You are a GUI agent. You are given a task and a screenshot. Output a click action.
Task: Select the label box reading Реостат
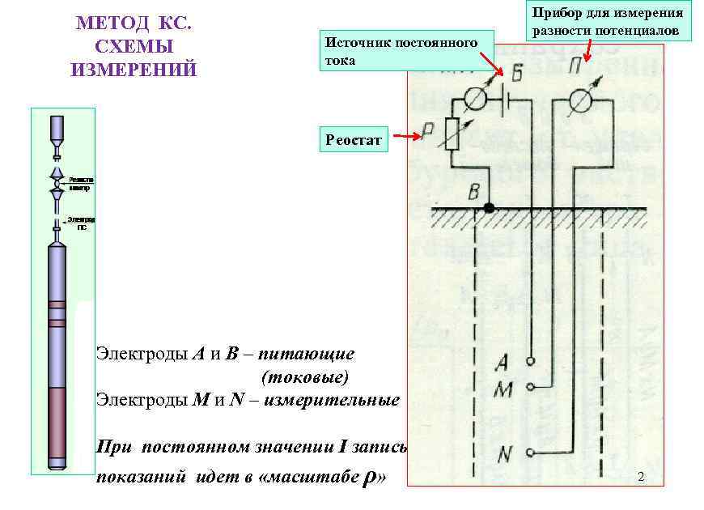click(356, 139)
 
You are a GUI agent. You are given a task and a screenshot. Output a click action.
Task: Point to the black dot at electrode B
click(489, 208)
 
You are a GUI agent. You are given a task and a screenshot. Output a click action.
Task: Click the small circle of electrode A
click(531, 359)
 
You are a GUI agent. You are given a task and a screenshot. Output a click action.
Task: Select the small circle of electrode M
click(530, 386)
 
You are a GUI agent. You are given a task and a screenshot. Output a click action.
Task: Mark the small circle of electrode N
click(530, 452)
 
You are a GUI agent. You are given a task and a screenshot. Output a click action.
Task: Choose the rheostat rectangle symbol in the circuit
click(452, 134)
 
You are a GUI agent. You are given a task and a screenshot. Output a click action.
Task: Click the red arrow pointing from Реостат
click(409, 137)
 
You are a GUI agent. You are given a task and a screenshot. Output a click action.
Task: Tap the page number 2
click(641, 476)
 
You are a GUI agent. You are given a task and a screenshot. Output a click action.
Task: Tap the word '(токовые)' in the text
click(305, 376)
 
